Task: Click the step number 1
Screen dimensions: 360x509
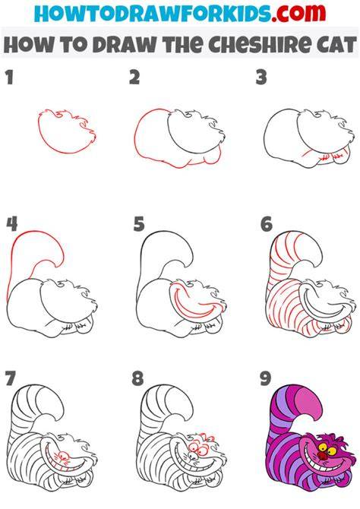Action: [x=10, y=77]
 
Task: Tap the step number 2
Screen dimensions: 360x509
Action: [x=134, y=77]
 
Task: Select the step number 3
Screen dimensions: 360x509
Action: [x=261, y=77]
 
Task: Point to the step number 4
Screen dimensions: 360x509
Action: [x=11, y=224]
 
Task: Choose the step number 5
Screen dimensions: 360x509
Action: [x=139, y=224]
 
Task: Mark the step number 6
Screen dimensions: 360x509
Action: [x=266, y=224]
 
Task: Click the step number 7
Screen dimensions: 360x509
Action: [x=11, y=378]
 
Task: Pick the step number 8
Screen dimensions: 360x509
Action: [x=137, y=378]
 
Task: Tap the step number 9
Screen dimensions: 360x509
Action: [x=265, y=378]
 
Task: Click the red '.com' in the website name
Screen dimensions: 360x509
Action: [x=299, y=13]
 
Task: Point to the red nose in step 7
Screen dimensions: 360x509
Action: [x=64, y=454]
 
